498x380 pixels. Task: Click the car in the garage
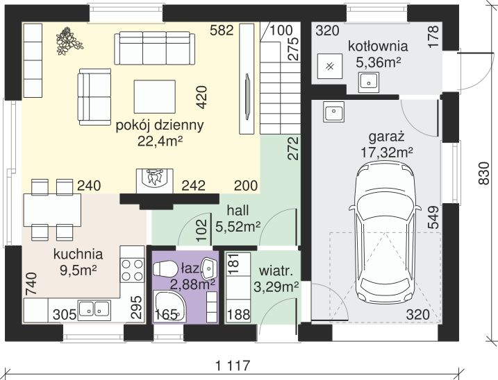pyautogui.click(x=385, y=232)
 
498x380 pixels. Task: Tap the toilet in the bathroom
pyautogui.click(x=165, y=269)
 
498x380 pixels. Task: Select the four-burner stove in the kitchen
pyautogui.click(x=133, y=270)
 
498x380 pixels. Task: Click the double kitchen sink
pyautogui.click(x=94, y=309)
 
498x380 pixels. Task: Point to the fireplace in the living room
pyautogui.click(x=155, y=180)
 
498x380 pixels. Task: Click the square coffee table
pyautogui.click(x=155, y=96)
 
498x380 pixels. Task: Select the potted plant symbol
pyautogui.click(x=69, y=41)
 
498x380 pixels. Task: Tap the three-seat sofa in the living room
pyautogui.click(x=154, y=49)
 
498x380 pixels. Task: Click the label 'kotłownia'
pyautogui.click(x=378, y=46)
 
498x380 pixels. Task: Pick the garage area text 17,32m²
pyautogui.click(x=387, y=153)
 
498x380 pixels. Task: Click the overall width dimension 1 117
pyautogui.click(x=233, y=365)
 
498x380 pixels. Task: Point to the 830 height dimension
pyautogui.click(x=483, y=173)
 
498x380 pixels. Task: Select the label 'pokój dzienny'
pyautogui.click(x=160, y=126)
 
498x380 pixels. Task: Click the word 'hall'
pyautogui.click(x=238, y=210)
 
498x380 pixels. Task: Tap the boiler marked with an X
pyautogui.click(x=330, y=66)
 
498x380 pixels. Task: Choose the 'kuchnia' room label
pyautogui.click(x=78, y=254)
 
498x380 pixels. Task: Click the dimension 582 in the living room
pyautogui.click(x=222, y=31)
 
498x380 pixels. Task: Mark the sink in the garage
pyautogui.click(x=333, y=112)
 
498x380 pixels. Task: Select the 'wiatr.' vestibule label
pyautogui.click(x=276, y=272)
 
